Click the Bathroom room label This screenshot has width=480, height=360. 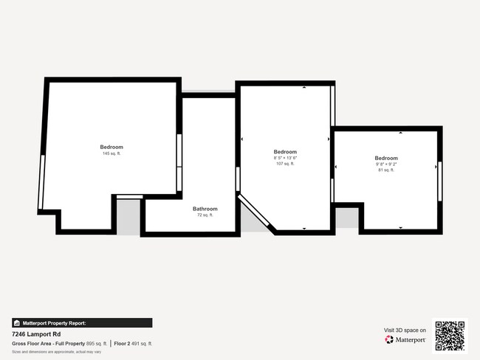205,209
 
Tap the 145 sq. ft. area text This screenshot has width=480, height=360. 112,153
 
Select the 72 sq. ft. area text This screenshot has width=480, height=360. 205,215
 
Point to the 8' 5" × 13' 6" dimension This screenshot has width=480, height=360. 285,158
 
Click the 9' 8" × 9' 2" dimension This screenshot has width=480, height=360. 385,164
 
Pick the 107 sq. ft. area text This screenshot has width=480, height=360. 285,164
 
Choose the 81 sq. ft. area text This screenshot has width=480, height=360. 385,170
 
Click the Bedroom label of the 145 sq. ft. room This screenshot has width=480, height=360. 112,147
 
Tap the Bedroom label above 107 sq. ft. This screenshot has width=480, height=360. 285,152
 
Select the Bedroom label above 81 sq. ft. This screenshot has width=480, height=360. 385,158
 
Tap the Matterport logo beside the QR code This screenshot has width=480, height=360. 405,339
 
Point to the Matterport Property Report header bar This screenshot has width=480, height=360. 82,322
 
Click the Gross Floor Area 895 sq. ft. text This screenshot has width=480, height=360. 59,343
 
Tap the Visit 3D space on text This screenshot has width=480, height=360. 405,330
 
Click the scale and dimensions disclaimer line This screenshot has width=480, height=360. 56,352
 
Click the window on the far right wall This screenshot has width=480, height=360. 439,181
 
